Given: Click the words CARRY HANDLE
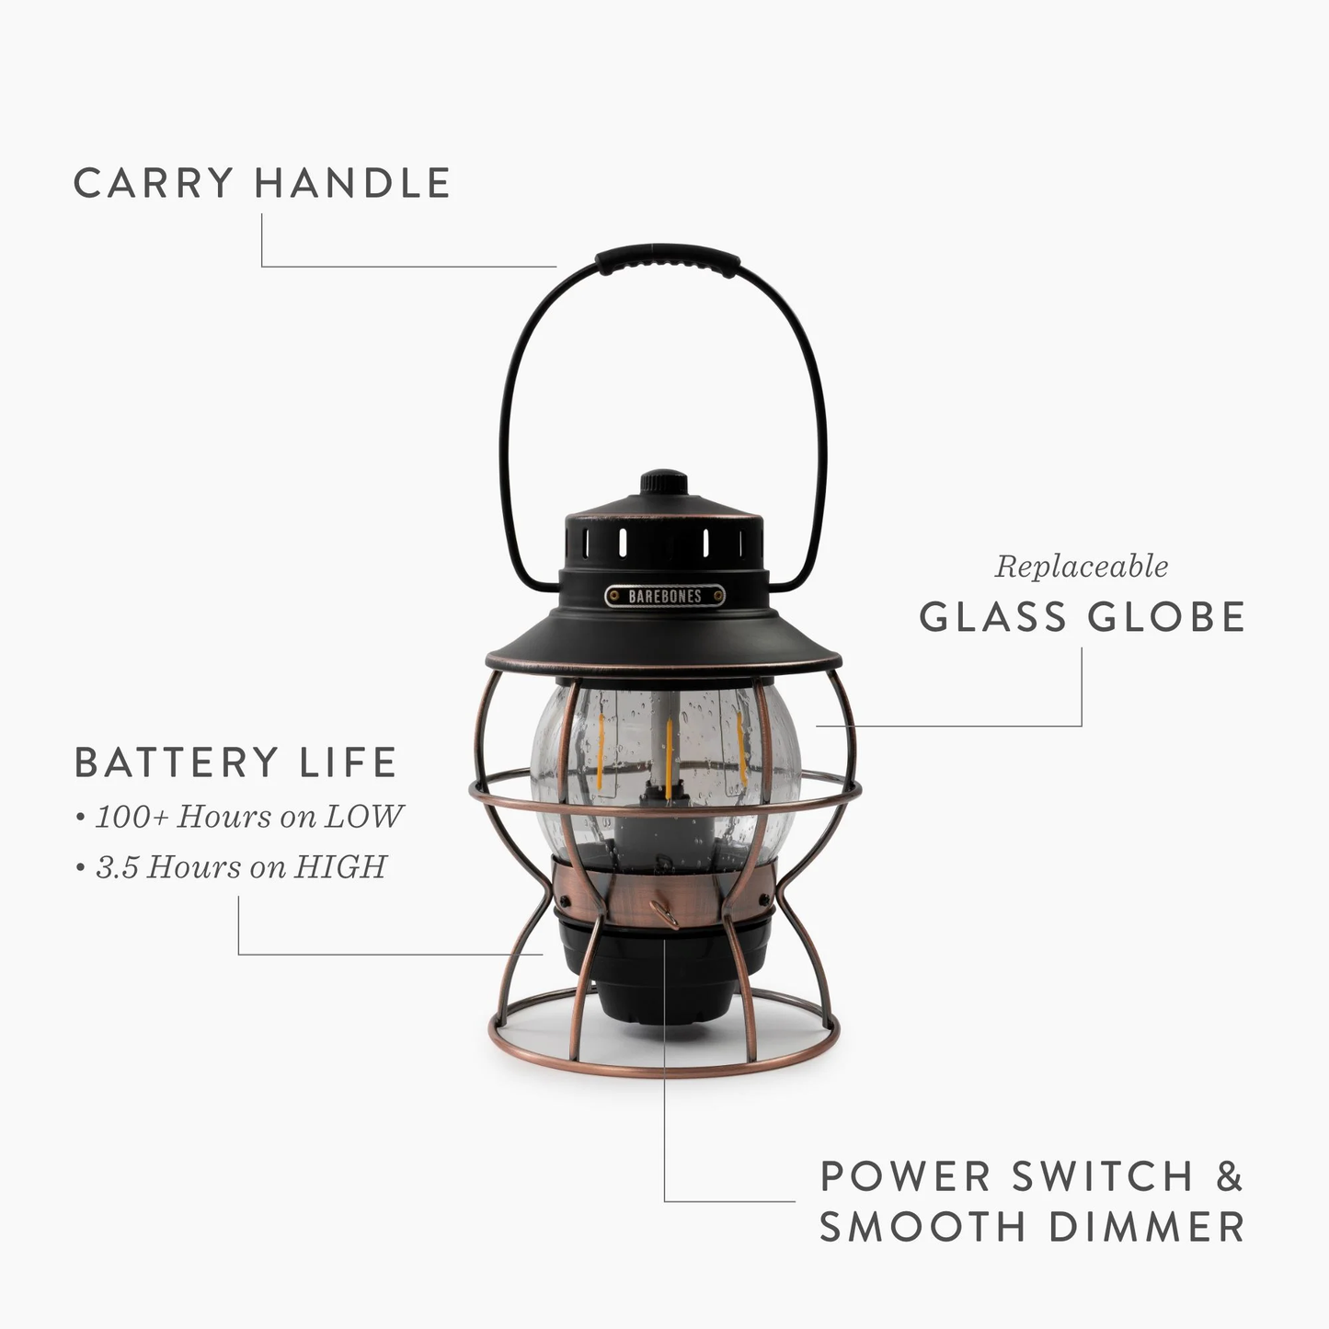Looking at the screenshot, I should (x=262, y=182).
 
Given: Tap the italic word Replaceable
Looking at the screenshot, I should (x=1081, y=567).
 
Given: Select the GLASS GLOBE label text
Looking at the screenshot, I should (x=1082, y=616).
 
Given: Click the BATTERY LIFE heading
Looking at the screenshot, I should (x=235, y=762).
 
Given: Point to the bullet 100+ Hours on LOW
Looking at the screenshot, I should (x=241, y=816).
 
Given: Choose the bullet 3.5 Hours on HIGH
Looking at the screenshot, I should (x=232, y=866).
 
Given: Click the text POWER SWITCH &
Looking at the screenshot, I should (x=1031, y=1176).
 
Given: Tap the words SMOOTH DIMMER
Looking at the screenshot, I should (x=1031, y=1227).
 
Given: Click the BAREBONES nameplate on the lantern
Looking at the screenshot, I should (x=665, y=596).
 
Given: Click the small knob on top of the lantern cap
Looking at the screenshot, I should (x=664, y=481).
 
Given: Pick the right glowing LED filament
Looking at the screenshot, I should (x=741, y=747).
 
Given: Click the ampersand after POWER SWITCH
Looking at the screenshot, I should (x=1230, y=1176).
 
